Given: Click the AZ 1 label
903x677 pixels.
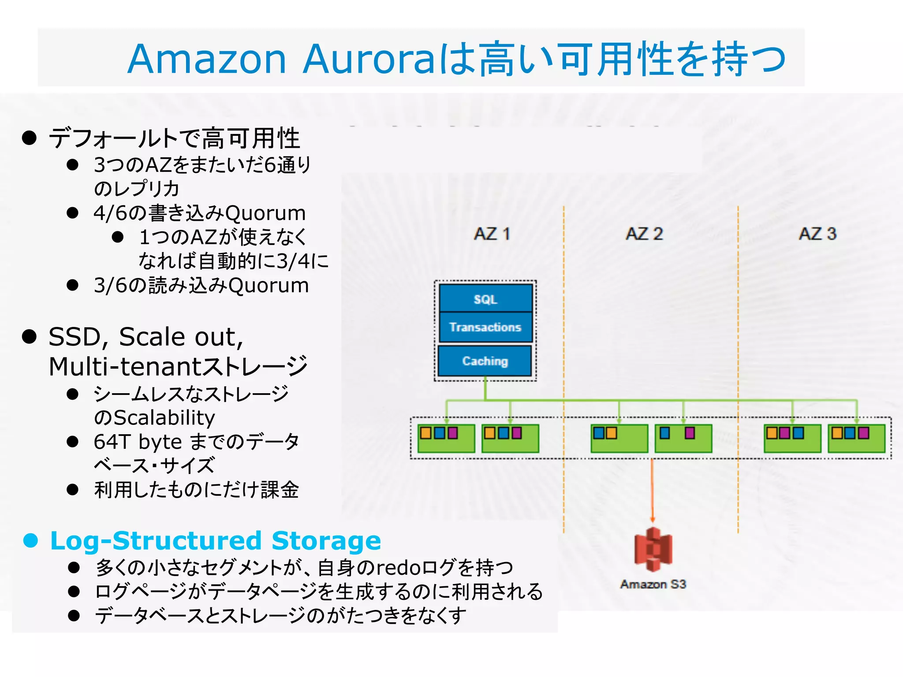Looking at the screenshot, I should tap(492, 234).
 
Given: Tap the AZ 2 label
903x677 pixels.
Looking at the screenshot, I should tap(644, 234).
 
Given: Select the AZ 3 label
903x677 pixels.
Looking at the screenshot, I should tap(817, 234).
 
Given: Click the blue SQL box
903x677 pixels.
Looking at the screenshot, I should tap(485, 299).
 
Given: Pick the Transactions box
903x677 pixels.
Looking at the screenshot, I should tap(485, 327).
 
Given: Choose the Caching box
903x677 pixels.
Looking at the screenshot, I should tap(485, 361).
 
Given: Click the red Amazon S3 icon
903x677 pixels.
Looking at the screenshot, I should tap(653, 549).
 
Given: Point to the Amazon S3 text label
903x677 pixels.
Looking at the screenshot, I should tap(653, 584).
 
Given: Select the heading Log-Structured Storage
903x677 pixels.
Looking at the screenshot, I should tap(216, 540).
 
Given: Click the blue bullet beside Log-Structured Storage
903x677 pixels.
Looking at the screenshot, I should tap(30, 540).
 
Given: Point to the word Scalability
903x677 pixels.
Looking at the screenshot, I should tap(164, 418).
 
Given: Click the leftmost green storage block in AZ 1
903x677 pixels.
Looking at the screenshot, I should tap(446, 439).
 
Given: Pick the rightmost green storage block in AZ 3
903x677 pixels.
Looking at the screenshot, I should tap(856, 439).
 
